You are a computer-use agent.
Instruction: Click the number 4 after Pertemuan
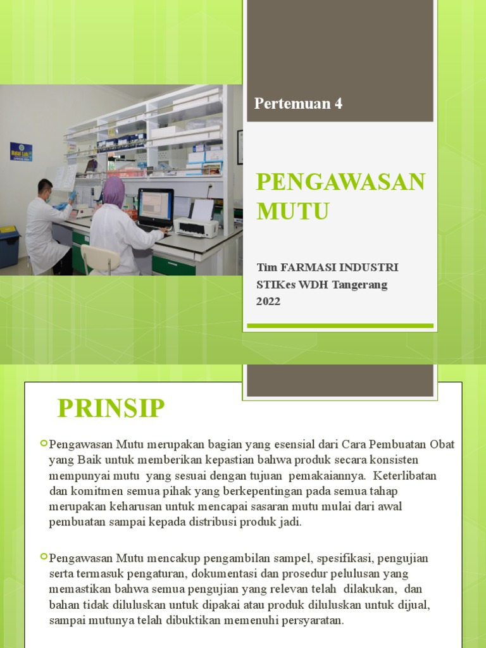338,104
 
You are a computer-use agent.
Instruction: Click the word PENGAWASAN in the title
340,182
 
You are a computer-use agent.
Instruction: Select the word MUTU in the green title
292,211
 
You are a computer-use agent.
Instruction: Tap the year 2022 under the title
268,301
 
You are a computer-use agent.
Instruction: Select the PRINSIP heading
111,408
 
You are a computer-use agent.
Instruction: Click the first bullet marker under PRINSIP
44,442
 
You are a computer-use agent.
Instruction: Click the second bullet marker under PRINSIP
44,556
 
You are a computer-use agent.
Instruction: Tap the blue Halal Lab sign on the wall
21,151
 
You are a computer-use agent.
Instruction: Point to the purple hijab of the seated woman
114,192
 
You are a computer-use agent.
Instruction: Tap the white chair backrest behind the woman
99,258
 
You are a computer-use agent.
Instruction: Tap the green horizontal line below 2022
340,326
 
